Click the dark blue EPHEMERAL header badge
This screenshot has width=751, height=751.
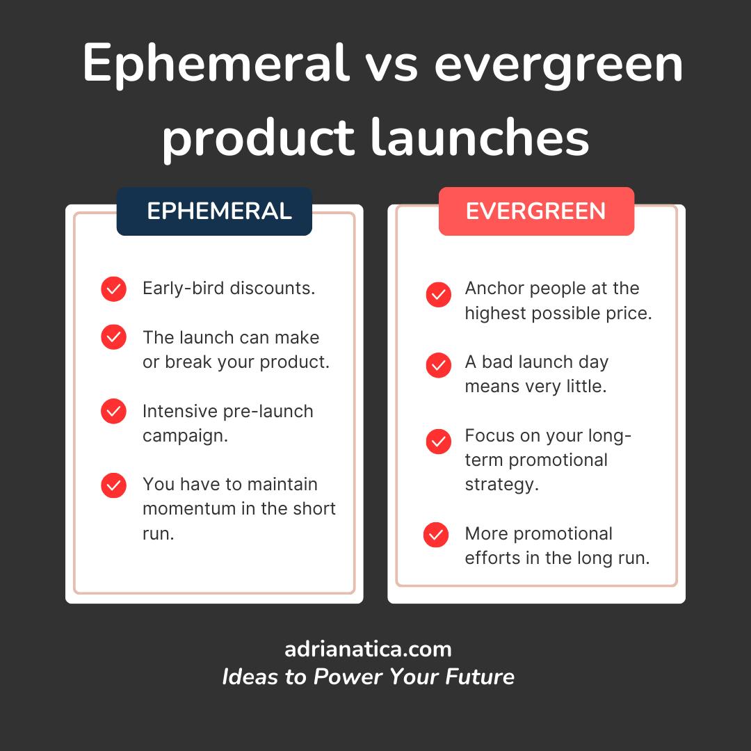click(x=214, y=211)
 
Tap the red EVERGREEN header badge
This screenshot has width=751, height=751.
click(x=536, y=211)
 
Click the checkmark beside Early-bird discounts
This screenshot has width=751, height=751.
click(x=113, y=289)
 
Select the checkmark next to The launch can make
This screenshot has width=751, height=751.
click(x=113, y=337)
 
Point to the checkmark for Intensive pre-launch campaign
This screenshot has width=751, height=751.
click(x=113, y=411)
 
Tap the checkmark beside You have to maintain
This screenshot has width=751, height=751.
click(x=113, y=485)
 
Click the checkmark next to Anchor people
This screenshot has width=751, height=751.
click(x=439, y=295)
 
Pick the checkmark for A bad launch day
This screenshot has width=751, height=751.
click(x=439, y=366)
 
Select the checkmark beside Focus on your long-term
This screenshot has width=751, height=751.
click(x=439, y=441)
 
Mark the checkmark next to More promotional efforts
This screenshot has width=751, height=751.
click(x=436, y=535)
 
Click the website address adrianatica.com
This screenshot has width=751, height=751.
click(x=368, y=649)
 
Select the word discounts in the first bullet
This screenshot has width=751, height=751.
click(x=273, y=289)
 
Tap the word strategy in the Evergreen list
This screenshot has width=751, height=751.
click(x=502, y=485)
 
